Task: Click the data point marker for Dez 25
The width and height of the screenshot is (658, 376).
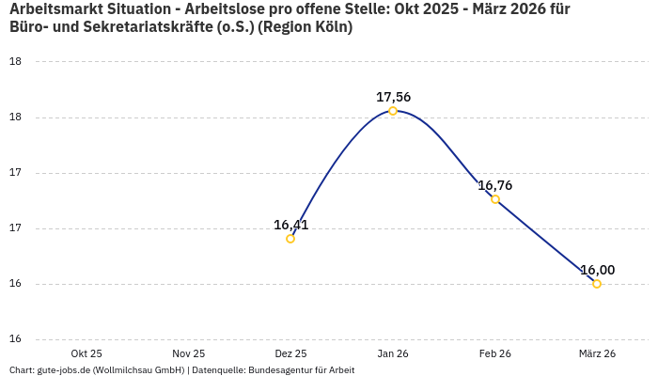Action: click(290, 239)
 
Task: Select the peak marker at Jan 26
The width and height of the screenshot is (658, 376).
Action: click(393, 111)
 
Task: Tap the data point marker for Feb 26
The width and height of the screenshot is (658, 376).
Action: click(495, 199)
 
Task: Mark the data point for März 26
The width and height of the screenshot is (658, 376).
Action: click(597, 284)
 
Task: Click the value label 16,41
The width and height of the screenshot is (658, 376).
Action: click(290, 225)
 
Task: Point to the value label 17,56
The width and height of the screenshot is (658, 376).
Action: click(393, 97)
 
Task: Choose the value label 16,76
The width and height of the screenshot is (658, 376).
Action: click(495, 185)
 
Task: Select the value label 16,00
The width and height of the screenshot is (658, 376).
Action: click(597, 270)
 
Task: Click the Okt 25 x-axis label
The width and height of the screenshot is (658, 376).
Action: click(86, 353)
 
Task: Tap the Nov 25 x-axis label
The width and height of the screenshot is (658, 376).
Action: click(189, 353)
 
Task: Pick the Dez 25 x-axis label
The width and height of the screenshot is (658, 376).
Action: click(290, 353)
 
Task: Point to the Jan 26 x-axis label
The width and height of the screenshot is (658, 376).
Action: click(393, 353)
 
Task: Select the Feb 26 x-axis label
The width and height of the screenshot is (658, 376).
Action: click(495, 353)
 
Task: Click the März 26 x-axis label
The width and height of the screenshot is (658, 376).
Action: click(597, 353)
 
